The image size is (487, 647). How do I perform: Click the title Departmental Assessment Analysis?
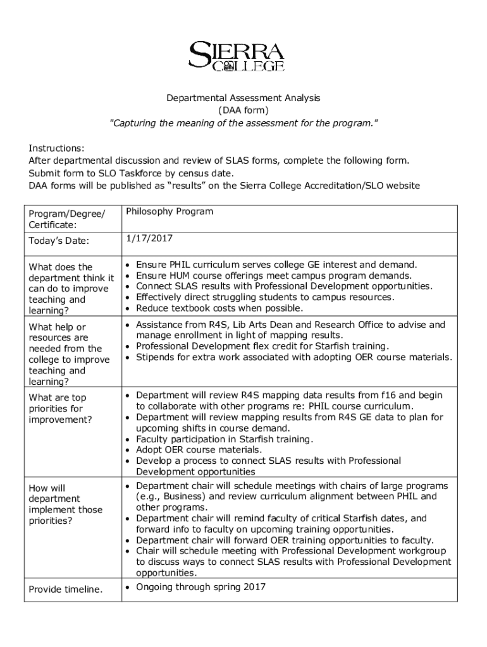[x=243, y=98]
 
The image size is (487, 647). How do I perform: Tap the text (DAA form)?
[x=243, y=110]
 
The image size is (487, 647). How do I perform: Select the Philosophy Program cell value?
[x=170, y=212]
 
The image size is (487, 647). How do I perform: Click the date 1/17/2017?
[x=149, y=238]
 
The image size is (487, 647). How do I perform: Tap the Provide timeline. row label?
[x=66, y=590]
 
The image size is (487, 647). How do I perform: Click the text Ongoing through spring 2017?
[x=201, y=587]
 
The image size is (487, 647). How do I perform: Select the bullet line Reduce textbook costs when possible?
[x=219, y=308]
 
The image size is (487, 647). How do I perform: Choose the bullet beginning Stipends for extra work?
[x=294, y=358]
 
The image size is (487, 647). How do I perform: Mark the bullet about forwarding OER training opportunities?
[x=285, y=540]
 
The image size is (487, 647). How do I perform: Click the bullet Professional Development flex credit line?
[x=262, y=346]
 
